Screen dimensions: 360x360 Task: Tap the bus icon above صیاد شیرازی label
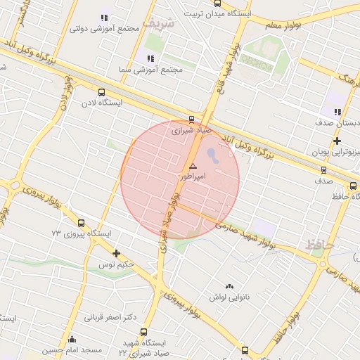click(x=192, y=119)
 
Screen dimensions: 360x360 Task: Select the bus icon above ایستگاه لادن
click(x=102, y=92)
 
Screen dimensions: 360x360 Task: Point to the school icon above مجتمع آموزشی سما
click(x=149, y=58)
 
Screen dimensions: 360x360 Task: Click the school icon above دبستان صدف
click(x=337, y=111)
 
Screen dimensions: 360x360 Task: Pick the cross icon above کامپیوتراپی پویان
click(x=337, y=141)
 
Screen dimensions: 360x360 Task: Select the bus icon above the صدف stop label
click(x=323, y=169)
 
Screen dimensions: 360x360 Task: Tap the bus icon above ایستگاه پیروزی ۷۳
click(x=80, y=222)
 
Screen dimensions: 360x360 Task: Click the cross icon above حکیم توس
click(x=116, y=253)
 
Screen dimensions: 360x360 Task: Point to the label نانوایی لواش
click(x=229, y=298)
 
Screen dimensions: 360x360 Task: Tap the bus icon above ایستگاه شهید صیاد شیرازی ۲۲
click(x=144, y=332)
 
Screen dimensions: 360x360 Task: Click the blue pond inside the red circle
click(x=213, y=155)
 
